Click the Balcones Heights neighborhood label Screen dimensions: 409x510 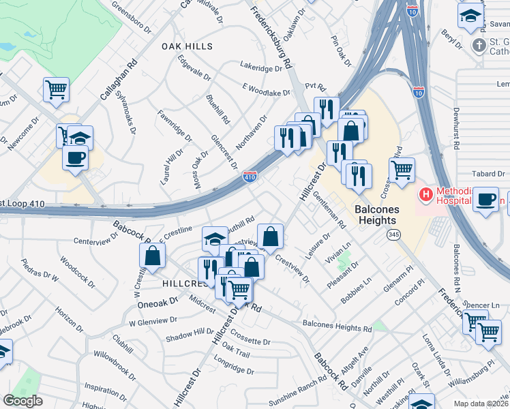376,214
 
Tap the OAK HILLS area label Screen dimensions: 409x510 187,46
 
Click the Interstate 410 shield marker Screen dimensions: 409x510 250,177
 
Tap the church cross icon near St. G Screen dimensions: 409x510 479,46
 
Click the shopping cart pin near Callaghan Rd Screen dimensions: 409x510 56,89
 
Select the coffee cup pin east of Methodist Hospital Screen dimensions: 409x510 485,200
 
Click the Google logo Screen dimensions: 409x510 22,401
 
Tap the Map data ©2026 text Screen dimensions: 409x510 481,404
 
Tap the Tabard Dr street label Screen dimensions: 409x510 491,174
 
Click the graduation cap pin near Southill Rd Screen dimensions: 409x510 215,239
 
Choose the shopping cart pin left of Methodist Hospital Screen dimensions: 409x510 402,169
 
